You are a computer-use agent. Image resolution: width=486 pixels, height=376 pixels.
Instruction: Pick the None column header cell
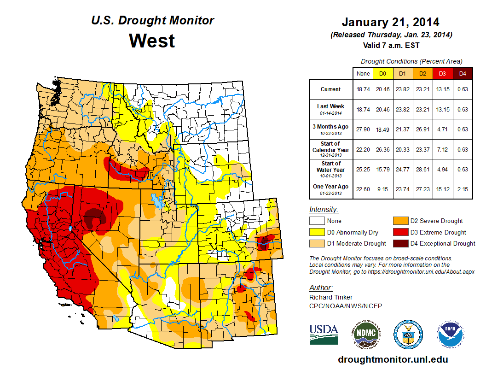363,73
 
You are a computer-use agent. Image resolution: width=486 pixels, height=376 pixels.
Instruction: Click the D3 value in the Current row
442,89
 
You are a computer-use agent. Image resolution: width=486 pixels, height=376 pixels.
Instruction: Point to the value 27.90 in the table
363,129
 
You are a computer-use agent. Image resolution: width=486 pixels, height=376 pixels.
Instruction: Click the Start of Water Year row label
330,169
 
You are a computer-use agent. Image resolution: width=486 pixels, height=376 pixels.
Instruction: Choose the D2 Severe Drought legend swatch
398,221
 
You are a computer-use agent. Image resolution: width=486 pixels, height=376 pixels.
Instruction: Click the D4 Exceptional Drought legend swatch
398,243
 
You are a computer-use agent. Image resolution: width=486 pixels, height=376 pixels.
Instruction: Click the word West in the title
152,41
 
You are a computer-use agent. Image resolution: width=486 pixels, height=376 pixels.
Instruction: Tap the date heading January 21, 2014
390,22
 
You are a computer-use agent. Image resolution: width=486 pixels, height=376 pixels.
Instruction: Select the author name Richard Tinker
331,297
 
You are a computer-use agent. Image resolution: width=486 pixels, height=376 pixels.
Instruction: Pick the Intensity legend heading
324,210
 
